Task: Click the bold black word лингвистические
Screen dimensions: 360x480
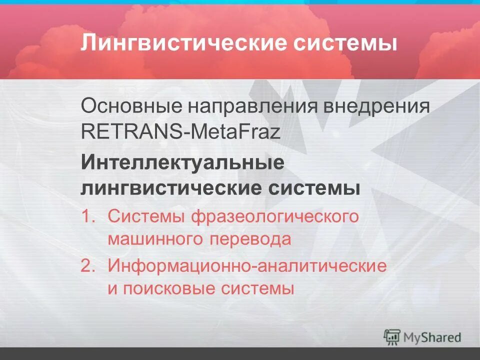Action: point(175,189)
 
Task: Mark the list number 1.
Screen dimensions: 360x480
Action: point(88,217)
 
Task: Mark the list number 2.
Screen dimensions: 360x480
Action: point(88,266)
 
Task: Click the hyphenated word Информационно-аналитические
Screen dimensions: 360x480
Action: point(247,266)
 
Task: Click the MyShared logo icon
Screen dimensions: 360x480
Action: point(392,337)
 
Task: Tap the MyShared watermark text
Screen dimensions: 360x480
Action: point(432,337)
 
